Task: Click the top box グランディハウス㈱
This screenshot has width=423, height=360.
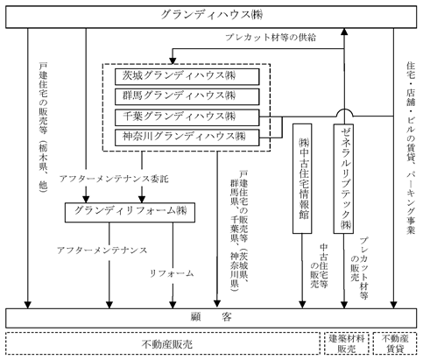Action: coord(211,17)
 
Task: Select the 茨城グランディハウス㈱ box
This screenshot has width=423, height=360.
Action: coord(187,76)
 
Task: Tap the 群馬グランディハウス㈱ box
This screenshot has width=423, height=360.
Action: coord(187,96)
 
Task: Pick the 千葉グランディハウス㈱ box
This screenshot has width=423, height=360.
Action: coord(187,117)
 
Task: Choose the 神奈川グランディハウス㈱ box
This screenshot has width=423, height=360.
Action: coord(187,138)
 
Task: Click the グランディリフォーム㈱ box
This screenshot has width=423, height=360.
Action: coord(130,212)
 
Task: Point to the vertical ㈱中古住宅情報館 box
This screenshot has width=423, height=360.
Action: coord(302,179)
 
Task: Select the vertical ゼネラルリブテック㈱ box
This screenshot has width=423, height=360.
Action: coord(343,179)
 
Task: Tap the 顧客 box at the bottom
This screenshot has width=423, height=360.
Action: coord(211,318)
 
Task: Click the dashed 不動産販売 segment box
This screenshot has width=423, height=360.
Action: coord(163,343)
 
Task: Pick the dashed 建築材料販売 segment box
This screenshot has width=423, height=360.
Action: coord(347,343)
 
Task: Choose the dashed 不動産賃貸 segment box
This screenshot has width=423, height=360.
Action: coord(395,343)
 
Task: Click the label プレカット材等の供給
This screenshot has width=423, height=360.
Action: coord(271,38)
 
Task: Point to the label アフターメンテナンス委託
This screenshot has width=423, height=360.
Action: coord(114,179)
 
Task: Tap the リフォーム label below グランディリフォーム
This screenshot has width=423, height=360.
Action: coord(172,273)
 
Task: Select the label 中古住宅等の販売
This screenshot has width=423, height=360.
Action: coord(319,265)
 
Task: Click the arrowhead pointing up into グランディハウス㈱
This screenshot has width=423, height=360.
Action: coord(344,32)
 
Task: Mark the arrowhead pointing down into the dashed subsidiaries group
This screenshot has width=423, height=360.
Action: coord(173,60)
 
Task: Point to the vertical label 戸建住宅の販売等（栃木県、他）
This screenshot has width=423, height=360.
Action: coord(43,127)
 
